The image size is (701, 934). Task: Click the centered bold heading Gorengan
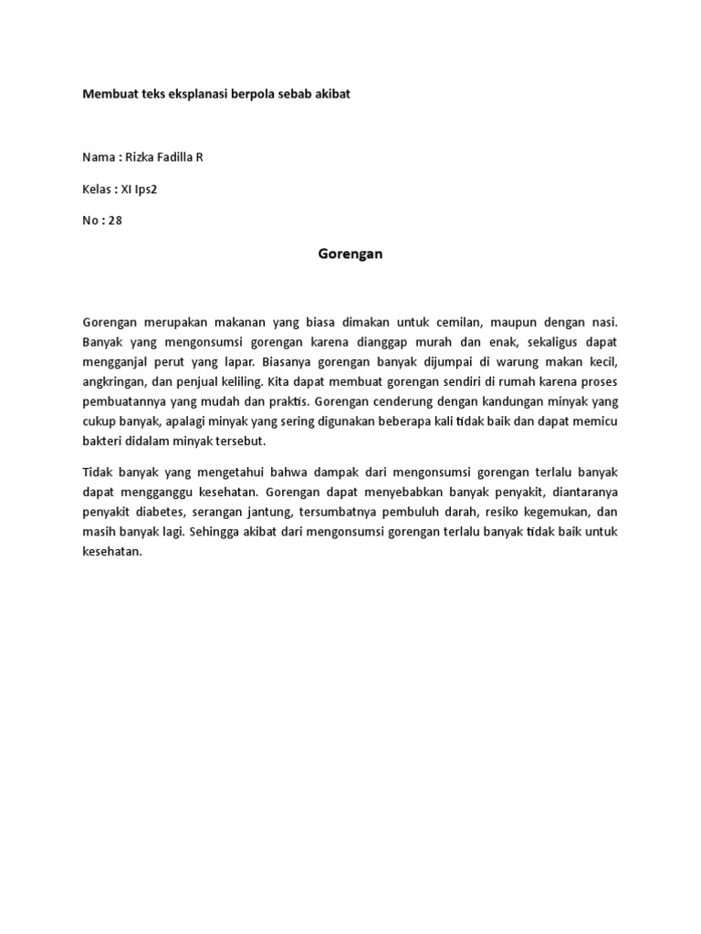click(x=350, y=254)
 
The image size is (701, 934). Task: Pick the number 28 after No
click(x=114, y=220)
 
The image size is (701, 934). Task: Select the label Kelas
click(x=98, y=189)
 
